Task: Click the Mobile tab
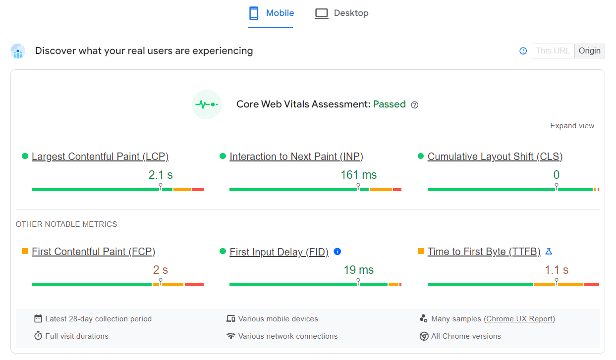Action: click(x=271, y=13)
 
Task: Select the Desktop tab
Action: click(x=342, y=13)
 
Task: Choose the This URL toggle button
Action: click(x=553, y=51)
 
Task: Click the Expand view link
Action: click(x=572, y=126)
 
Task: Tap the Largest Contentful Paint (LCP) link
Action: click(x=100, y=157)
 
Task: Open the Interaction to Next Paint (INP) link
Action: click(x=296, y=157)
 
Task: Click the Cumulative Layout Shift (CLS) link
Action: click(x=495, y=157)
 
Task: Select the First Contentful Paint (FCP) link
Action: click(x=94, y=252)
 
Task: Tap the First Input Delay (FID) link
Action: click(x=279, y=253)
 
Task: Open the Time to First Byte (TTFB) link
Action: click(x=484, y=252)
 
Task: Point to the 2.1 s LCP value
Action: click(x=161, y=175)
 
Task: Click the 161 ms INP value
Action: click(x=358, y=175)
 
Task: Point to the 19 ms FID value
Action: click(x=358, y=270)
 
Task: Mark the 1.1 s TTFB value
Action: click(x=557, y=270)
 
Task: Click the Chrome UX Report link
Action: click(x=520, y=319)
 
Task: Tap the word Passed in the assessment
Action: click(x=390, y=104)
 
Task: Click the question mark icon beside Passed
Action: click(x=415, y=105)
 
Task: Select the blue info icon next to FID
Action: click(x=337, y=252)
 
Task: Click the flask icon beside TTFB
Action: click(x=549, y=252)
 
